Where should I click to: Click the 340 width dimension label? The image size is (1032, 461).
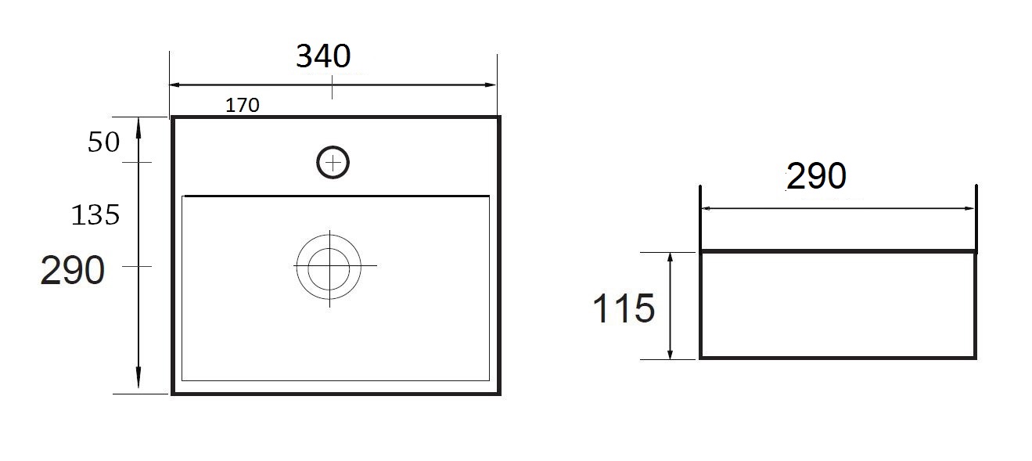pyautogui.click(x=323, y=56)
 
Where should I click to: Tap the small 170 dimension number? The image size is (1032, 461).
pyautogui.click(x=243, y=106)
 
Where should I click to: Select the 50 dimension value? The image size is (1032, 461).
pyautogui.click(x=103, y=142)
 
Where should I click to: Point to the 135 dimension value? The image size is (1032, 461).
pyautogui.click(x=95, y=215)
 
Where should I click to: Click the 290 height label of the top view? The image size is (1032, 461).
pyautogui.click(x=73, y=270)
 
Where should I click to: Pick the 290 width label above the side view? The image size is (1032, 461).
pyautogui.click(x=816, y=176)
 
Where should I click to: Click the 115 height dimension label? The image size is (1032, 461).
pyautogui.click(x=624, y=308)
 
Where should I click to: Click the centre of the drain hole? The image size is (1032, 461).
pyautogui.click(x=329, y=266)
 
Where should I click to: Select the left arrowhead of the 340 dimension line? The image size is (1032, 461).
pyautogui.click(x=174, y=85)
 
